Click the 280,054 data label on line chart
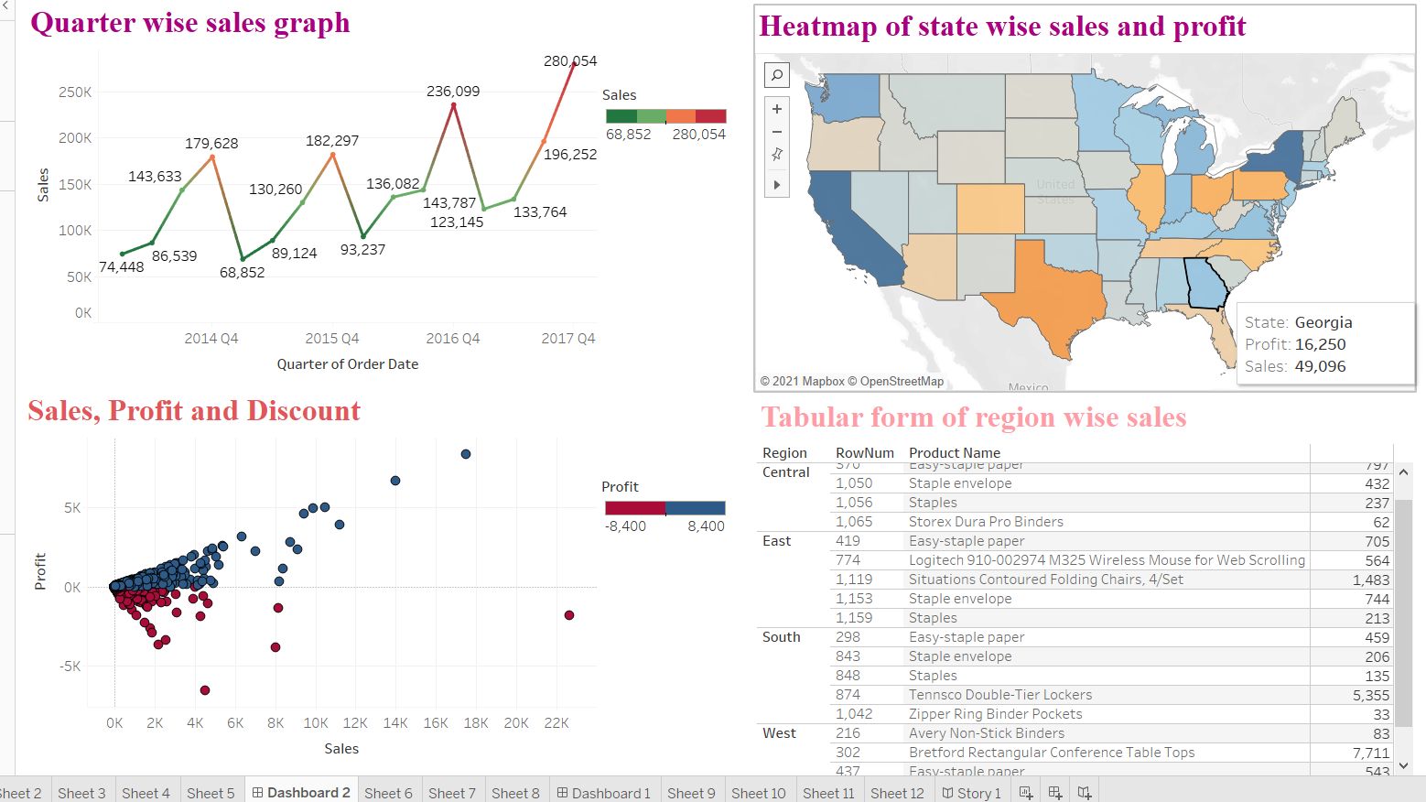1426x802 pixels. [569, 61]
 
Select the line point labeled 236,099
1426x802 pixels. [453, 105]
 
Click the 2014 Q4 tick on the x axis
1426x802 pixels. [211, 339]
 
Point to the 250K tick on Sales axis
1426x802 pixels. [75, 92]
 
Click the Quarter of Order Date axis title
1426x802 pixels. [347, 364]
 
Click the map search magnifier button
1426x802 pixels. [776, 75]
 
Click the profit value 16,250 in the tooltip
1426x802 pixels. [1320, 345]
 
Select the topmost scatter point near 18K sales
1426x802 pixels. [466, 454]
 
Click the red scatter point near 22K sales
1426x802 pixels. [569, 615]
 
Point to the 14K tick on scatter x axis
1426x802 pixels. [395, 723]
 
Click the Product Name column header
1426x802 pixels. [954, 453]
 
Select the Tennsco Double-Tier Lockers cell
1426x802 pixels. [999, 695]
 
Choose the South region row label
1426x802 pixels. [781, 637]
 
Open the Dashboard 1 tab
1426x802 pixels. [604, 793]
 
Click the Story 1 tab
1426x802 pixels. [972, 793]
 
